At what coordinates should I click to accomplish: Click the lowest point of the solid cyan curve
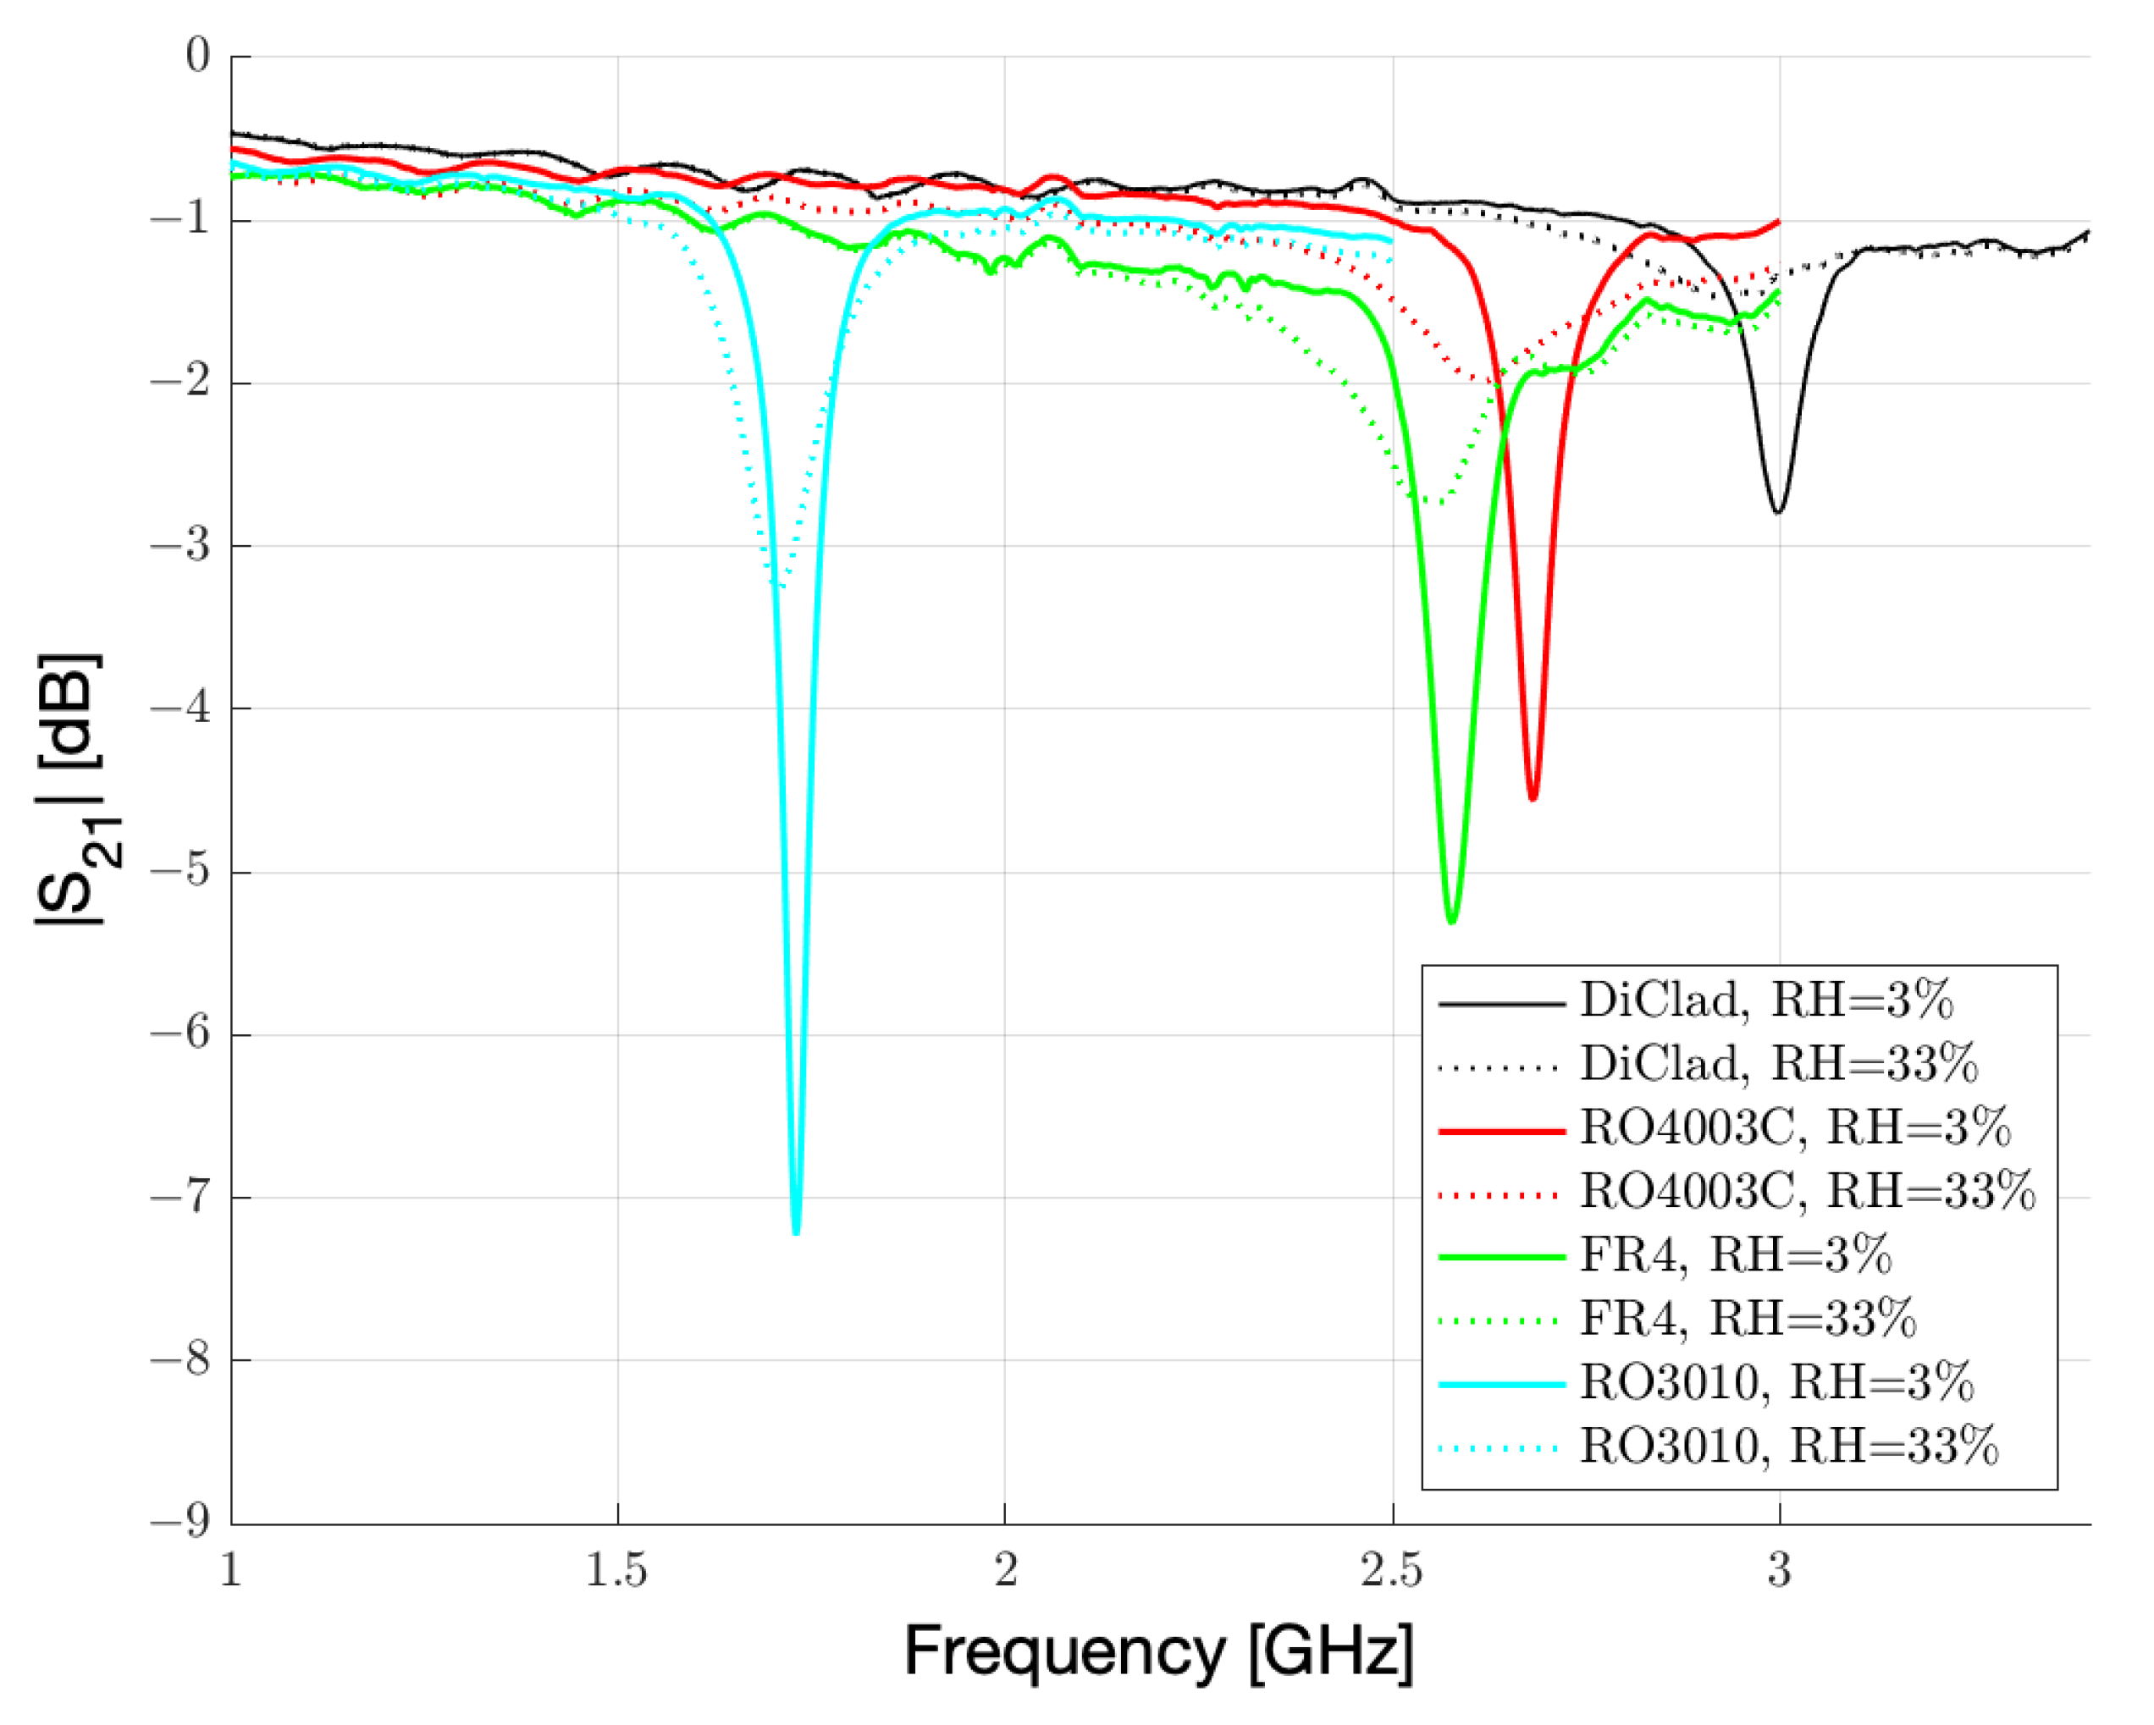point(796,1233)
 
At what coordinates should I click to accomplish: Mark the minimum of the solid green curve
point(1451,921)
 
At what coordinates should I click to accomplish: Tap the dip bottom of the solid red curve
point(1533,798)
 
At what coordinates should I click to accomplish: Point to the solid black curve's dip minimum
point(1778,512)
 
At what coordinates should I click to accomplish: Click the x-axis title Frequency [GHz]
point(1159,1652)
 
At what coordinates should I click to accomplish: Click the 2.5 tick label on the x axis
point(1392,1571)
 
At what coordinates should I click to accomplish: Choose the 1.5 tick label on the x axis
point(616,1571)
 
